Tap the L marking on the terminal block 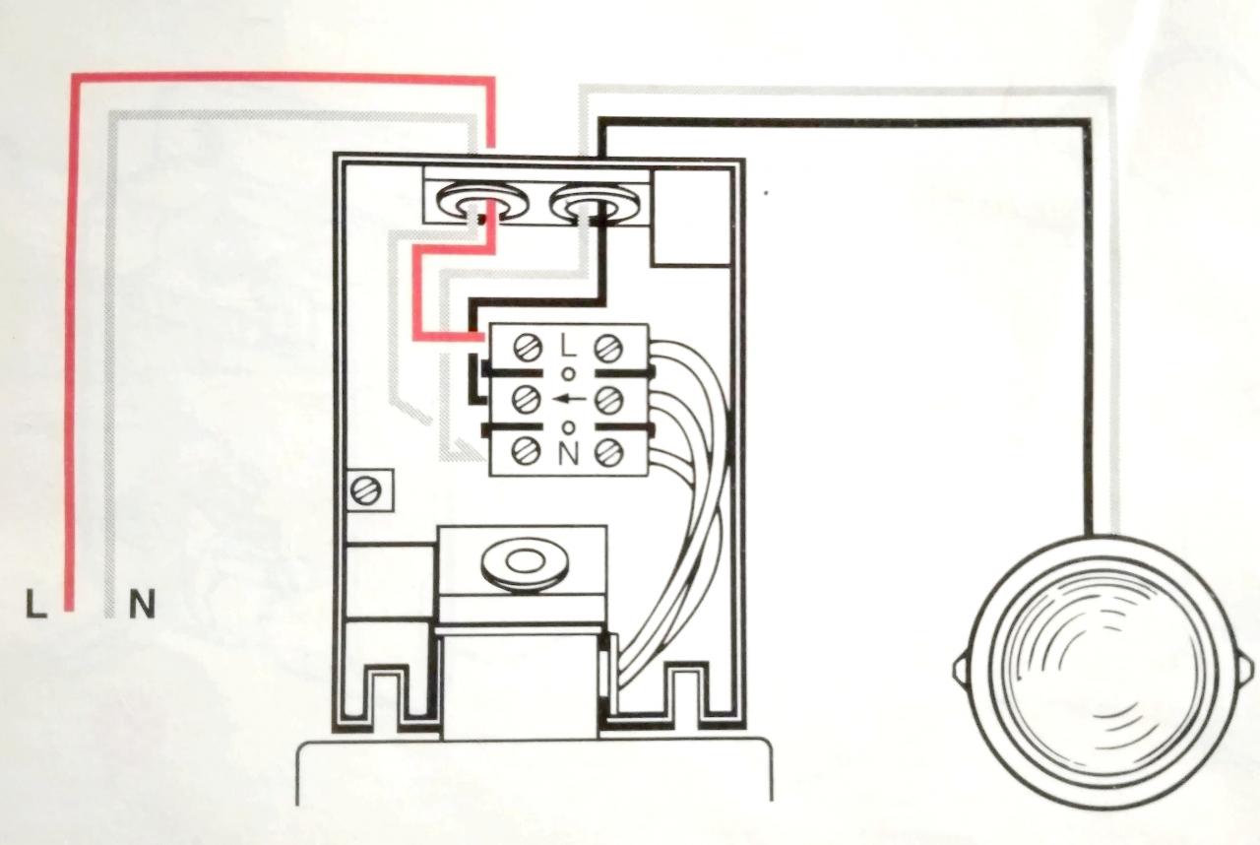pos(568,346)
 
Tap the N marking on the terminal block pos(568,453)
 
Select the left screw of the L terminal pos(527,347)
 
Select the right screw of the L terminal pos(608,347)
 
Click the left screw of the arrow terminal pos(527,399)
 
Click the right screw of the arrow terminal pos(608,399)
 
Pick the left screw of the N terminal pos(527,452)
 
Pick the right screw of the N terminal pos(608,452)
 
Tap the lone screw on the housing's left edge pos(366,489)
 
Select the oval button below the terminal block pos(520,563)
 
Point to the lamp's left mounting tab pos(961,671)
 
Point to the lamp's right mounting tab pos(1246,671)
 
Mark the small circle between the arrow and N pos(568,426)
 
